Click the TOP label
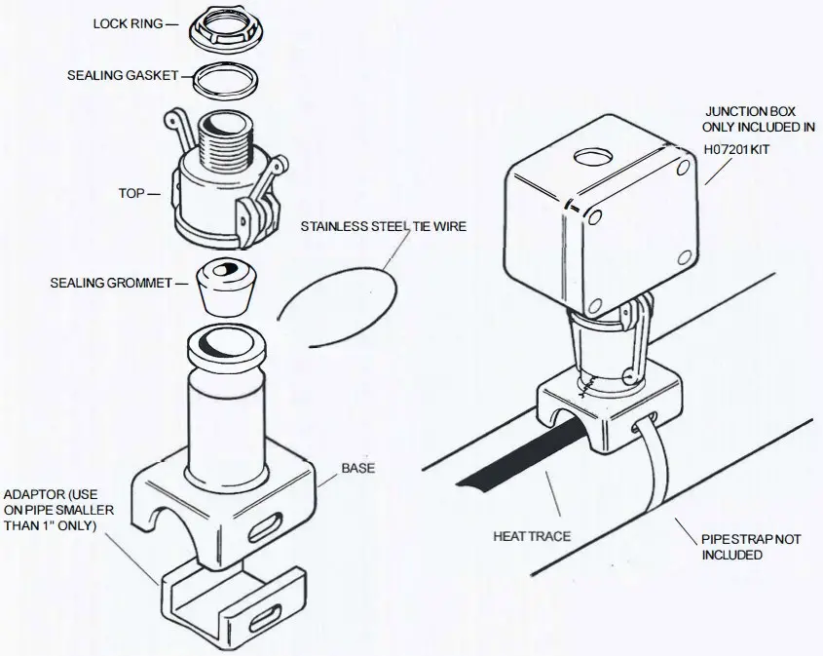click(132, 194)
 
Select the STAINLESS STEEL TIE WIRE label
click(383, 226)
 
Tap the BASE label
click(357, 468)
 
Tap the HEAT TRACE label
click(533, 536)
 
